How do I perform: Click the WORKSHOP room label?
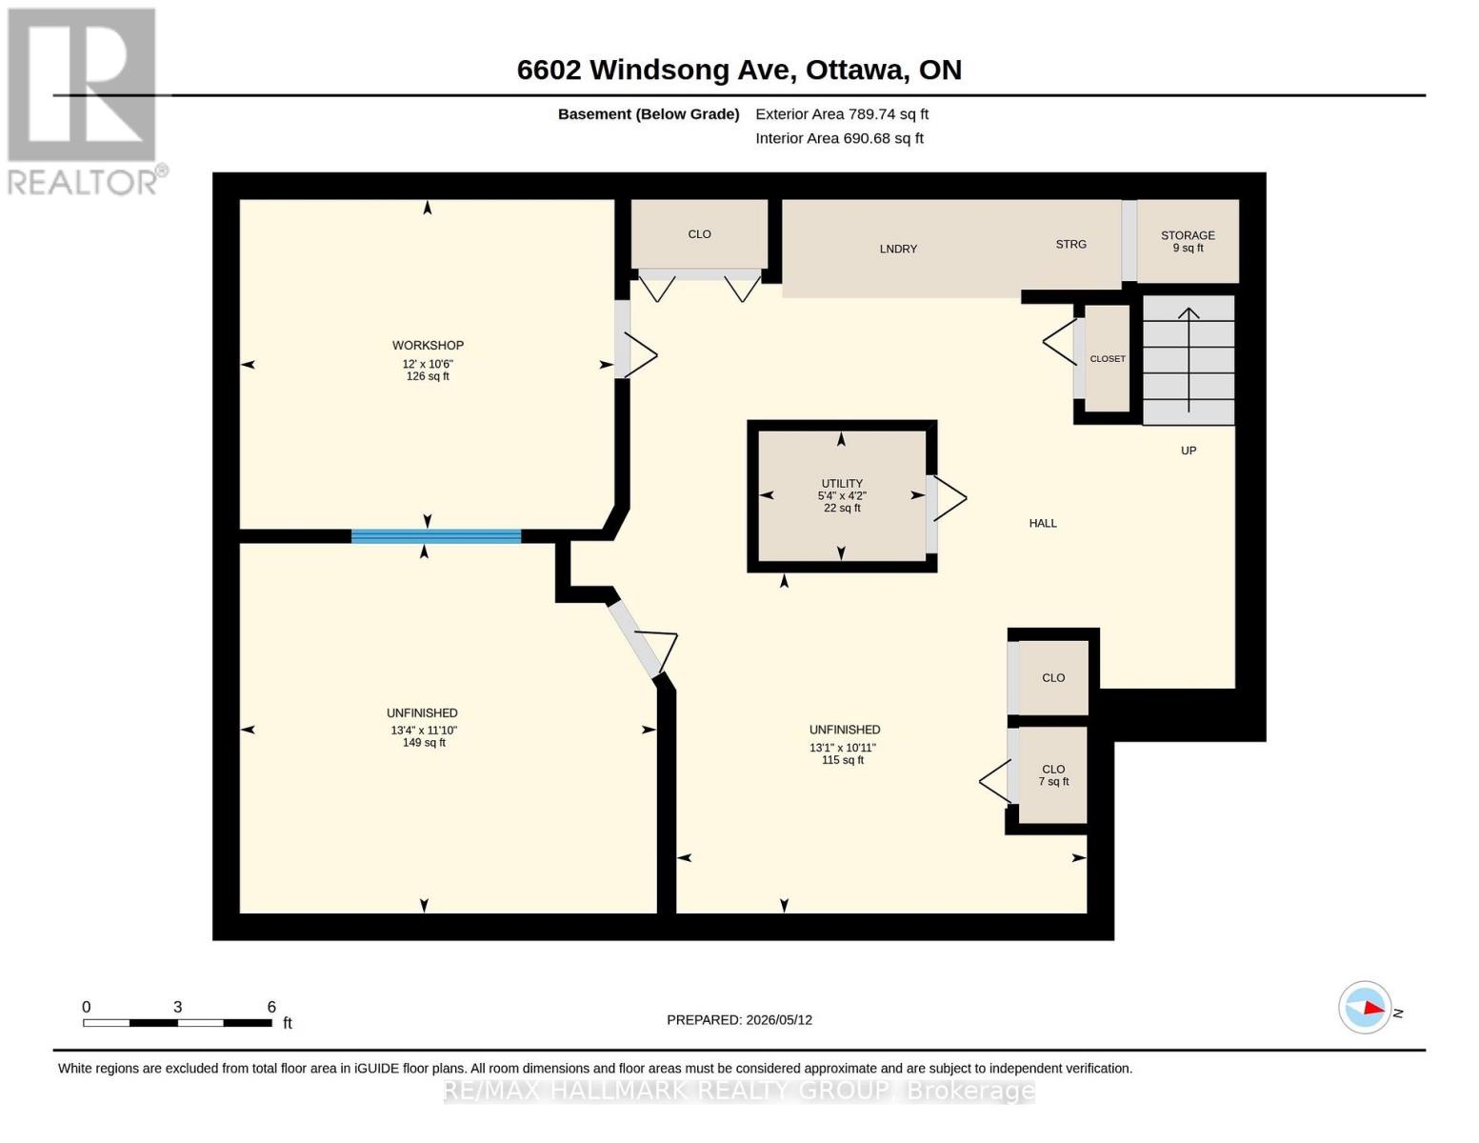pyautogui.click(x=428, y=345)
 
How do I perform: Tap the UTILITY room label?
pyautogui.click(x=842, y=483)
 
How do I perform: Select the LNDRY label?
pyautogui.click(x=898, y=250)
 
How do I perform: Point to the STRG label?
pyautogui.click(x=1070, y=245)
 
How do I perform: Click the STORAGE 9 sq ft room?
pyautogui.click(x=1188, y=241)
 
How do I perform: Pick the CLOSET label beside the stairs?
pyautogui.click(x=1108, y=359)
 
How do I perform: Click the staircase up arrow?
pyautogui.click(x=1189, y=359)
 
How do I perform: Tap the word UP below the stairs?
pyautogui.click(x=1189, y=451)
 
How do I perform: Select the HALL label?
pyautogui.click(x=1043, y=524)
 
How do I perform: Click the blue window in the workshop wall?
pyautogui.click(x=436, y=535)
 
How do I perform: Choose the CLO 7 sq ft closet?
pyautogui.click(x=1053, y=774)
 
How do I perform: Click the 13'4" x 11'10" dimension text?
pyautogui.click(x=424, y=731)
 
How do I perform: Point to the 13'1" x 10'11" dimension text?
pyautogui.click(x=843, y=748)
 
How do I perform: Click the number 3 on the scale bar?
pyautogui.click(x=178, y=1007)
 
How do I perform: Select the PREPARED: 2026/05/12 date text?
pyautogui.click(x=739, y=1020)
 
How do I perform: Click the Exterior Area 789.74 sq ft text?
pyautogui.click(x=842, y=114)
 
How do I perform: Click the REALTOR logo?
pyautogui.click(x=84, y=102)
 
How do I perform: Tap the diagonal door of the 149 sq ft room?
pyautogui.click(x=634, y=638)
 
